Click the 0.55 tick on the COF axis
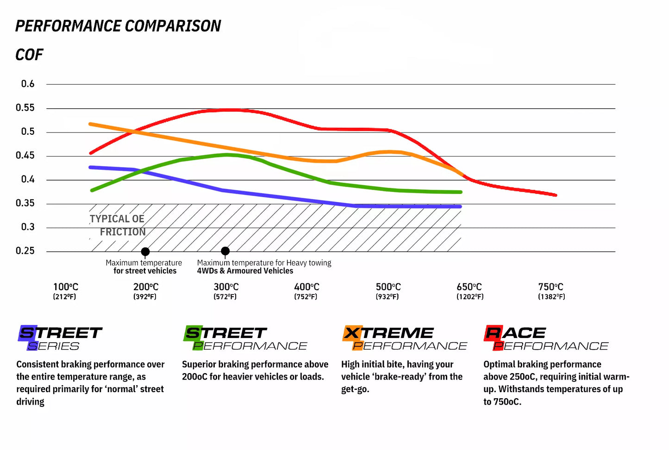25,108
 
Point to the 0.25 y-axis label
25,251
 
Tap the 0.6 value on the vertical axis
28,84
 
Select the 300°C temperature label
226,287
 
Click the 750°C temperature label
550,287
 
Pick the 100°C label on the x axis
65,287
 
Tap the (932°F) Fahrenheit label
387,297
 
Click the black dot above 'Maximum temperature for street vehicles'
145,252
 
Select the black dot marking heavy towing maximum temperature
225,251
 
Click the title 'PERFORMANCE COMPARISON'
118,26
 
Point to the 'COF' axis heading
29,55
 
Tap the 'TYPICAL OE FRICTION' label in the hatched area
118,225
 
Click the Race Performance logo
546,338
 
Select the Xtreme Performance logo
405,338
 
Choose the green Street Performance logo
245,338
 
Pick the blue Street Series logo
60,338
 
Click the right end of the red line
555,195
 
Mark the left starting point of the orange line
90,124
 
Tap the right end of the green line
460,192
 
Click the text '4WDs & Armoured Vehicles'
245,271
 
